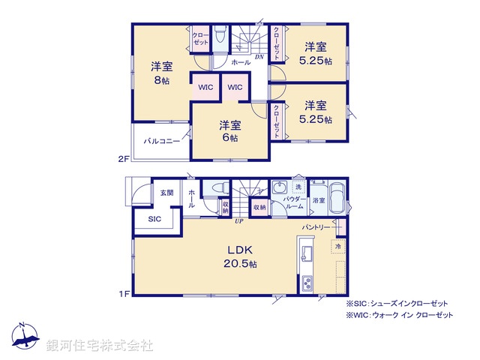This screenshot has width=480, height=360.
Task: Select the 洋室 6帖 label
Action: pos(229,131)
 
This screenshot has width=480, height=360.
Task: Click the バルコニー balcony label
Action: pos(161,140)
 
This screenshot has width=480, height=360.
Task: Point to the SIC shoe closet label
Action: pos(154,219)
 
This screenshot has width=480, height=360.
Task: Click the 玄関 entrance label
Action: pos(166,193)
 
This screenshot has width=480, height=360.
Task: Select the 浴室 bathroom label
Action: pos(319,200)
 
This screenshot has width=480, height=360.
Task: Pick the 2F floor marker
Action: pos(123,159)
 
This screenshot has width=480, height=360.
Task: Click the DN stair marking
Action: pos(258,57)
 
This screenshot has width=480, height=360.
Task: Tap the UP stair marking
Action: pos(238,220)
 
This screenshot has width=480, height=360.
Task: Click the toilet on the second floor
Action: pos(220,37)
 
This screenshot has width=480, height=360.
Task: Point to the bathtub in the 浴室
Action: pos(337,199)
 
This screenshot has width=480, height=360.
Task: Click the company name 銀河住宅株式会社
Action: pos(100,345)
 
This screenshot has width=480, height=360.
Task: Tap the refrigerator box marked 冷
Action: pos(338,246)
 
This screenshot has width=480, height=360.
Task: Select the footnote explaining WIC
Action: pos(399,316)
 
